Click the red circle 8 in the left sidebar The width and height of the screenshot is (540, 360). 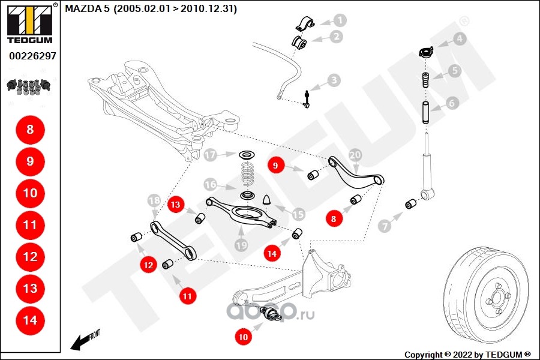pyautogui.click(x=30, y=130)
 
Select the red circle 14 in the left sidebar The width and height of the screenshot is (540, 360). pyautogui.click(x=30, y=320)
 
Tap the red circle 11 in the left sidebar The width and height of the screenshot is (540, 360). pyautogui.click(x=30, y=225)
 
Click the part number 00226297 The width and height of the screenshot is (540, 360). pyautogui.click(x=32, y=56)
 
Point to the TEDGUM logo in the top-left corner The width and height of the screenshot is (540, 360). pyautogui.click(x=29, y=24)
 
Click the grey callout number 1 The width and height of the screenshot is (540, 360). pyautogui.click(x=340, y=20)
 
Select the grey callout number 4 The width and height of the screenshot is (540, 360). pyautogui.click(x=459, y=40)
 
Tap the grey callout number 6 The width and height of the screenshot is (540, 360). pyautogui.click(x=452, y=103)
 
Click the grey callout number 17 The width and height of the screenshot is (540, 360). pyautogui.click(x=210, y=155)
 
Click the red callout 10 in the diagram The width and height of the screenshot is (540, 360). pyautogui.click(x=243, y=337)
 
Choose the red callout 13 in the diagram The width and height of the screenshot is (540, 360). pyautogui.click(x=175, y=205)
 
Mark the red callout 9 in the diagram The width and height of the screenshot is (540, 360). pyautogui.click(x=275, y=165)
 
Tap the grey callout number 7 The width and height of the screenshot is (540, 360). pyautogui.click(x=384, y=226)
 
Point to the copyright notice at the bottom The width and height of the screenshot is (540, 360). pyautogui.click(x=467, y=354)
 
